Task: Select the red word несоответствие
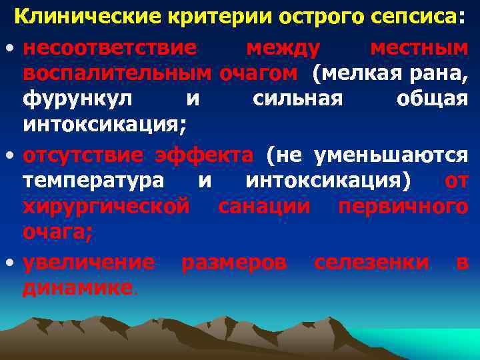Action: [x=109, y=48]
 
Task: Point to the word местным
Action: [x=419, y=48]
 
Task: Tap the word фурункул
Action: [x=77, y=99]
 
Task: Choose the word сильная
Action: [x=298, y=99]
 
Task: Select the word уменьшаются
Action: [x=392, y=155]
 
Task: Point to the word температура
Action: [x=92, y=181]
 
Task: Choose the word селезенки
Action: [x=371, y=263]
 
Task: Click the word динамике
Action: [x=77, y=288]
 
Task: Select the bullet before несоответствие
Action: [x=8, y=50]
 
